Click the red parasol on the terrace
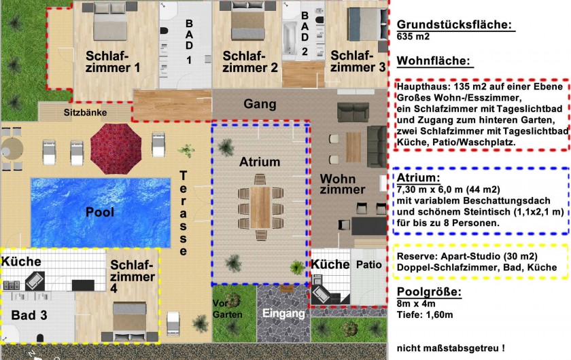(116, 149)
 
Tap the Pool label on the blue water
(100, 212)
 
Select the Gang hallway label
(260, 104)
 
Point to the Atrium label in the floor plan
(260, 162)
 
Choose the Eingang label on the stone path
(283, 313)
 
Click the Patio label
(368, 265)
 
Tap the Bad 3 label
(29, 315)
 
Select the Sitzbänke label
(85, 113)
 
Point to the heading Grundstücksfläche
(454, 24)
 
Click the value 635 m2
(413, 37)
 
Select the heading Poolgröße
(429, 292)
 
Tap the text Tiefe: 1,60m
(425, 315)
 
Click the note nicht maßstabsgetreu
(451, 348)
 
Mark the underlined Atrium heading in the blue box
(419, 178)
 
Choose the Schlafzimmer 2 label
(250, 62)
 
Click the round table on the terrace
(12, 149)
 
